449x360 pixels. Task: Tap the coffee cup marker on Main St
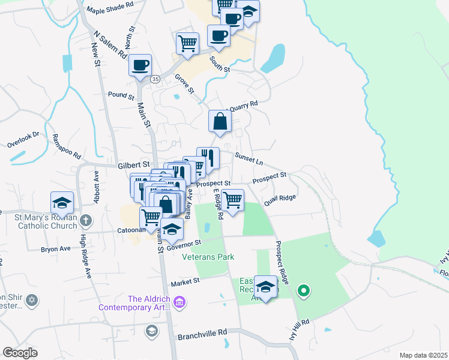pyautogui.click(x=140, y=65)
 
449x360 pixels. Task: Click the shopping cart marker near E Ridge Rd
pyautogui.click(x=232, y=200)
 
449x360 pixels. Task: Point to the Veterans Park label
pyautogui.click(x=208, y=257)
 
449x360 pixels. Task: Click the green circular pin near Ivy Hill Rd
pyautogui.click(x=303, y=292)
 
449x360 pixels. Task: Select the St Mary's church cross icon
pyautogui.click(x=85, y=220)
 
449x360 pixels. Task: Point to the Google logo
pyautogui.click(x=20, y=353)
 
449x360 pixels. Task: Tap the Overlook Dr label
pyautogui.click(x=23, y=140)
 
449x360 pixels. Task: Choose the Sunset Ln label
pyautogui.click(x=249, y=158)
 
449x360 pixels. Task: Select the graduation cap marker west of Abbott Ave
pyautogui.click(x=62, y=202)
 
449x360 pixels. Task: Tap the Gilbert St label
pyautogui.click(x=133, y=164)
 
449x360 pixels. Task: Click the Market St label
pyautogui.click(x=184, y=282)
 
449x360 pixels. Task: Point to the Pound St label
pyautogui.click(x=121, y=95)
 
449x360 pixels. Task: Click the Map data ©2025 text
pyautogui.click(x=423, y=355)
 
